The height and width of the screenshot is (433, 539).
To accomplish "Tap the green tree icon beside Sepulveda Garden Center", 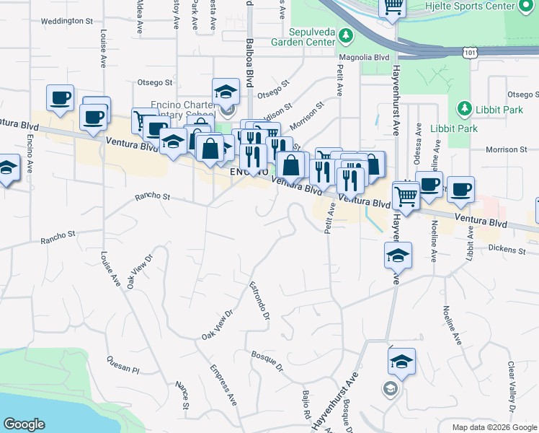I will (x=347, y=35).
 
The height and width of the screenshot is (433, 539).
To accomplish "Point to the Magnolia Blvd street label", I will (x=364, y=57).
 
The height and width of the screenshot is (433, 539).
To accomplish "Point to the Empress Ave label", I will (x=223, y=384).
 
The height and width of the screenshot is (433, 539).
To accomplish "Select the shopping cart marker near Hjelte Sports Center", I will (x=392, y=7).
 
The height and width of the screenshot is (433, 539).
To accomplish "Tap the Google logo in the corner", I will (x=24, y=424).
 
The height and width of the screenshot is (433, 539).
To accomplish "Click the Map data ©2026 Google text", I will (x=494, y=427).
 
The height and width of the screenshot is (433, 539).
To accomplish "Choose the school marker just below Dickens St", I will (x=398, y=255).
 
